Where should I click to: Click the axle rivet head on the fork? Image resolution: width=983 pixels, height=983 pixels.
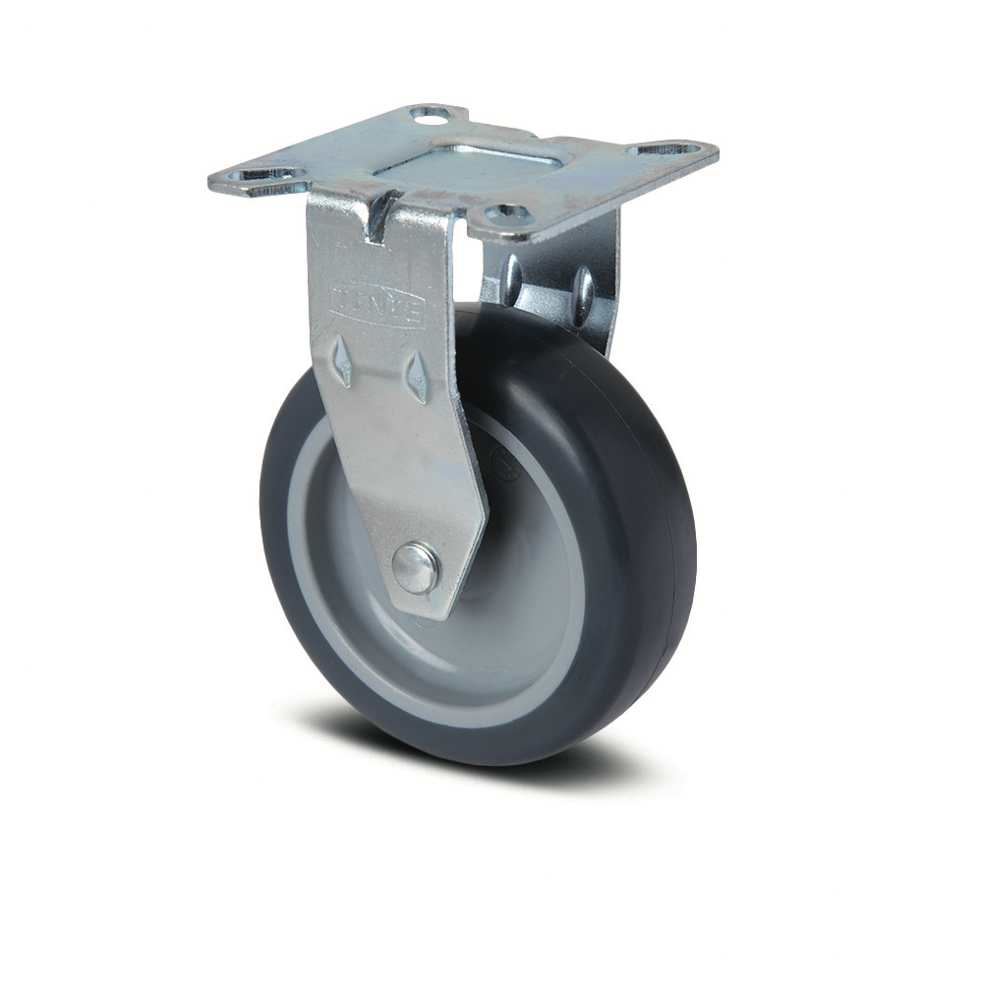pos(415,569)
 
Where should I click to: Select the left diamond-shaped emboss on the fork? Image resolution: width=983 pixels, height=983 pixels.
pos(342,360)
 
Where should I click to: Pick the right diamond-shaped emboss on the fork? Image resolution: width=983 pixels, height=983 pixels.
pos(417,376)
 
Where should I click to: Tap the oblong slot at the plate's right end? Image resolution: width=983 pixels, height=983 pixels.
pos(670,151)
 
